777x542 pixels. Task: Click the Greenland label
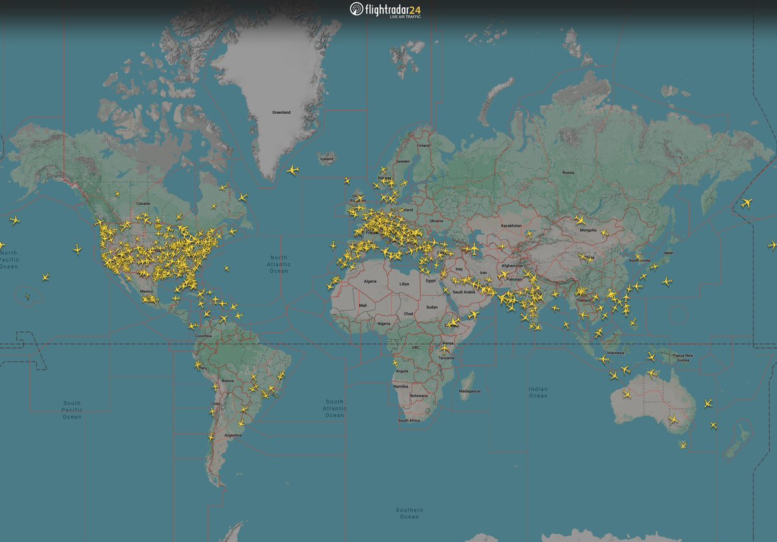(281, 113)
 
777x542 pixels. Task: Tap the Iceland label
(326, 159)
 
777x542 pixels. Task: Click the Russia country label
(568, 173)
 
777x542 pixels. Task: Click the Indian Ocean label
(538, 392)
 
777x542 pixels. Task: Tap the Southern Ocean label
(410, 514)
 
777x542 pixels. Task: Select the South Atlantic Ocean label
(335, 408)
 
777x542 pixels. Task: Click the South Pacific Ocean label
(72, 409)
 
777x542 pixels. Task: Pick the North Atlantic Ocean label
(279, 264)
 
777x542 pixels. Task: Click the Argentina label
(233, 435)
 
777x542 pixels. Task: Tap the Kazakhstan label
(511, 226)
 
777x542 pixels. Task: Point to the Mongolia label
(588, 230)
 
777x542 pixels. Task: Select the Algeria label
(370, 281)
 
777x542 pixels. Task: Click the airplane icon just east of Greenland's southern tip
(293, 170)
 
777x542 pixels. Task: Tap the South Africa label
(409, 420)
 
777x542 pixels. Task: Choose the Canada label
(143, 204)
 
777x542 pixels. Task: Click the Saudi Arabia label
(464, 292)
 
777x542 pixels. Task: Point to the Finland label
(423, 146)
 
